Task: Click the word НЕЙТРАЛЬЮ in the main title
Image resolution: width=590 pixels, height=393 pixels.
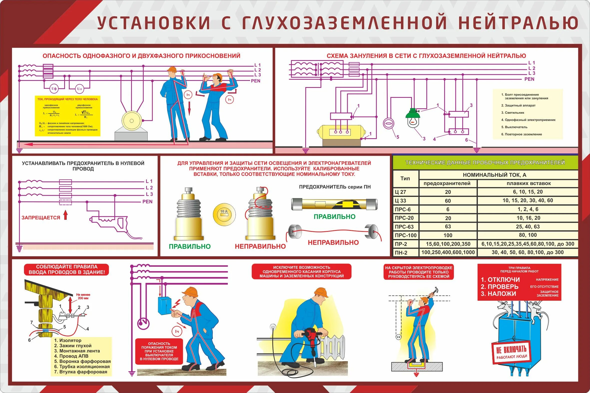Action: point(518,23)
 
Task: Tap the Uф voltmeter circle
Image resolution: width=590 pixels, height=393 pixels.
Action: point(54,89)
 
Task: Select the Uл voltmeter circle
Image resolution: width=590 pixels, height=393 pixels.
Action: point(79,89)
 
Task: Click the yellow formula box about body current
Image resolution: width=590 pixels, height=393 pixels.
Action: point(67,116)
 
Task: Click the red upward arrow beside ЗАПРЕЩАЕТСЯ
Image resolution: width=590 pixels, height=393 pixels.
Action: point(66,215)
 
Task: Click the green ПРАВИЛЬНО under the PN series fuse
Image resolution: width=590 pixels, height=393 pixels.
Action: point(334,217)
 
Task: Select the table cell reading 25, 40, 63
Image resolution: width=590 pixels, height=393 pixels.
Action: point(528,227)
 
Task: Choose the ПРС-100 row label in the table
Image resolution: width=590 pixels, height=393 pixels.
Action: point(405,235)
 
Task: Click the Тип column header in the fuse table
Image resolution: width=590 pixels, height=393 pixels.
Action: point(405,178)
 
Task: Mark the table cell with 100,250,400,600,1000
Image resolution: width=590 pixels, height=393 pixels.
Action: point(448,252)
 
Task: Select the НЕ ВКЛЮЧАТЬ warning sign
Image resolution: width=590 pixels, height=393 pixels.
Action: point(511,351)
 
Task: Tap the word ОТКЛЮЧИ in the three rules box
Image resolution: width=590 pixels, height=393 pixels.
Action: point(504,280)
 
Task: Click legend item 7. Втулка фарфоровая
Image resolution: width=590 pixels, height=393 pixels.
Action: point(81,372)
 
